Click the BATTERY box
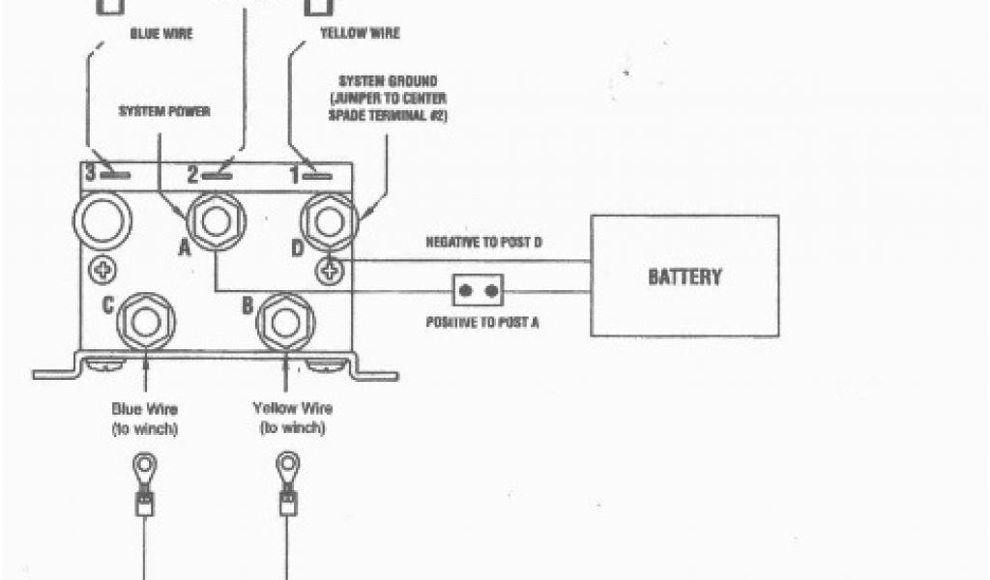684,275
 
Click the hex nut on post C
145,321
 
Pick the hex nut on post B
285,321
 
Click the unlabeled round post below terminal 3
102,221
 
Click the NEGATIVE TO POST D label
483,243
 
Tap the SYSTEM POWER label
164,111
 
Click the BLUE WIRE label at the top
161,34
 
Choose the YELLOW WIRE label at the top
359,34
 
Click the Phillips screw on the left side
102,270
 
